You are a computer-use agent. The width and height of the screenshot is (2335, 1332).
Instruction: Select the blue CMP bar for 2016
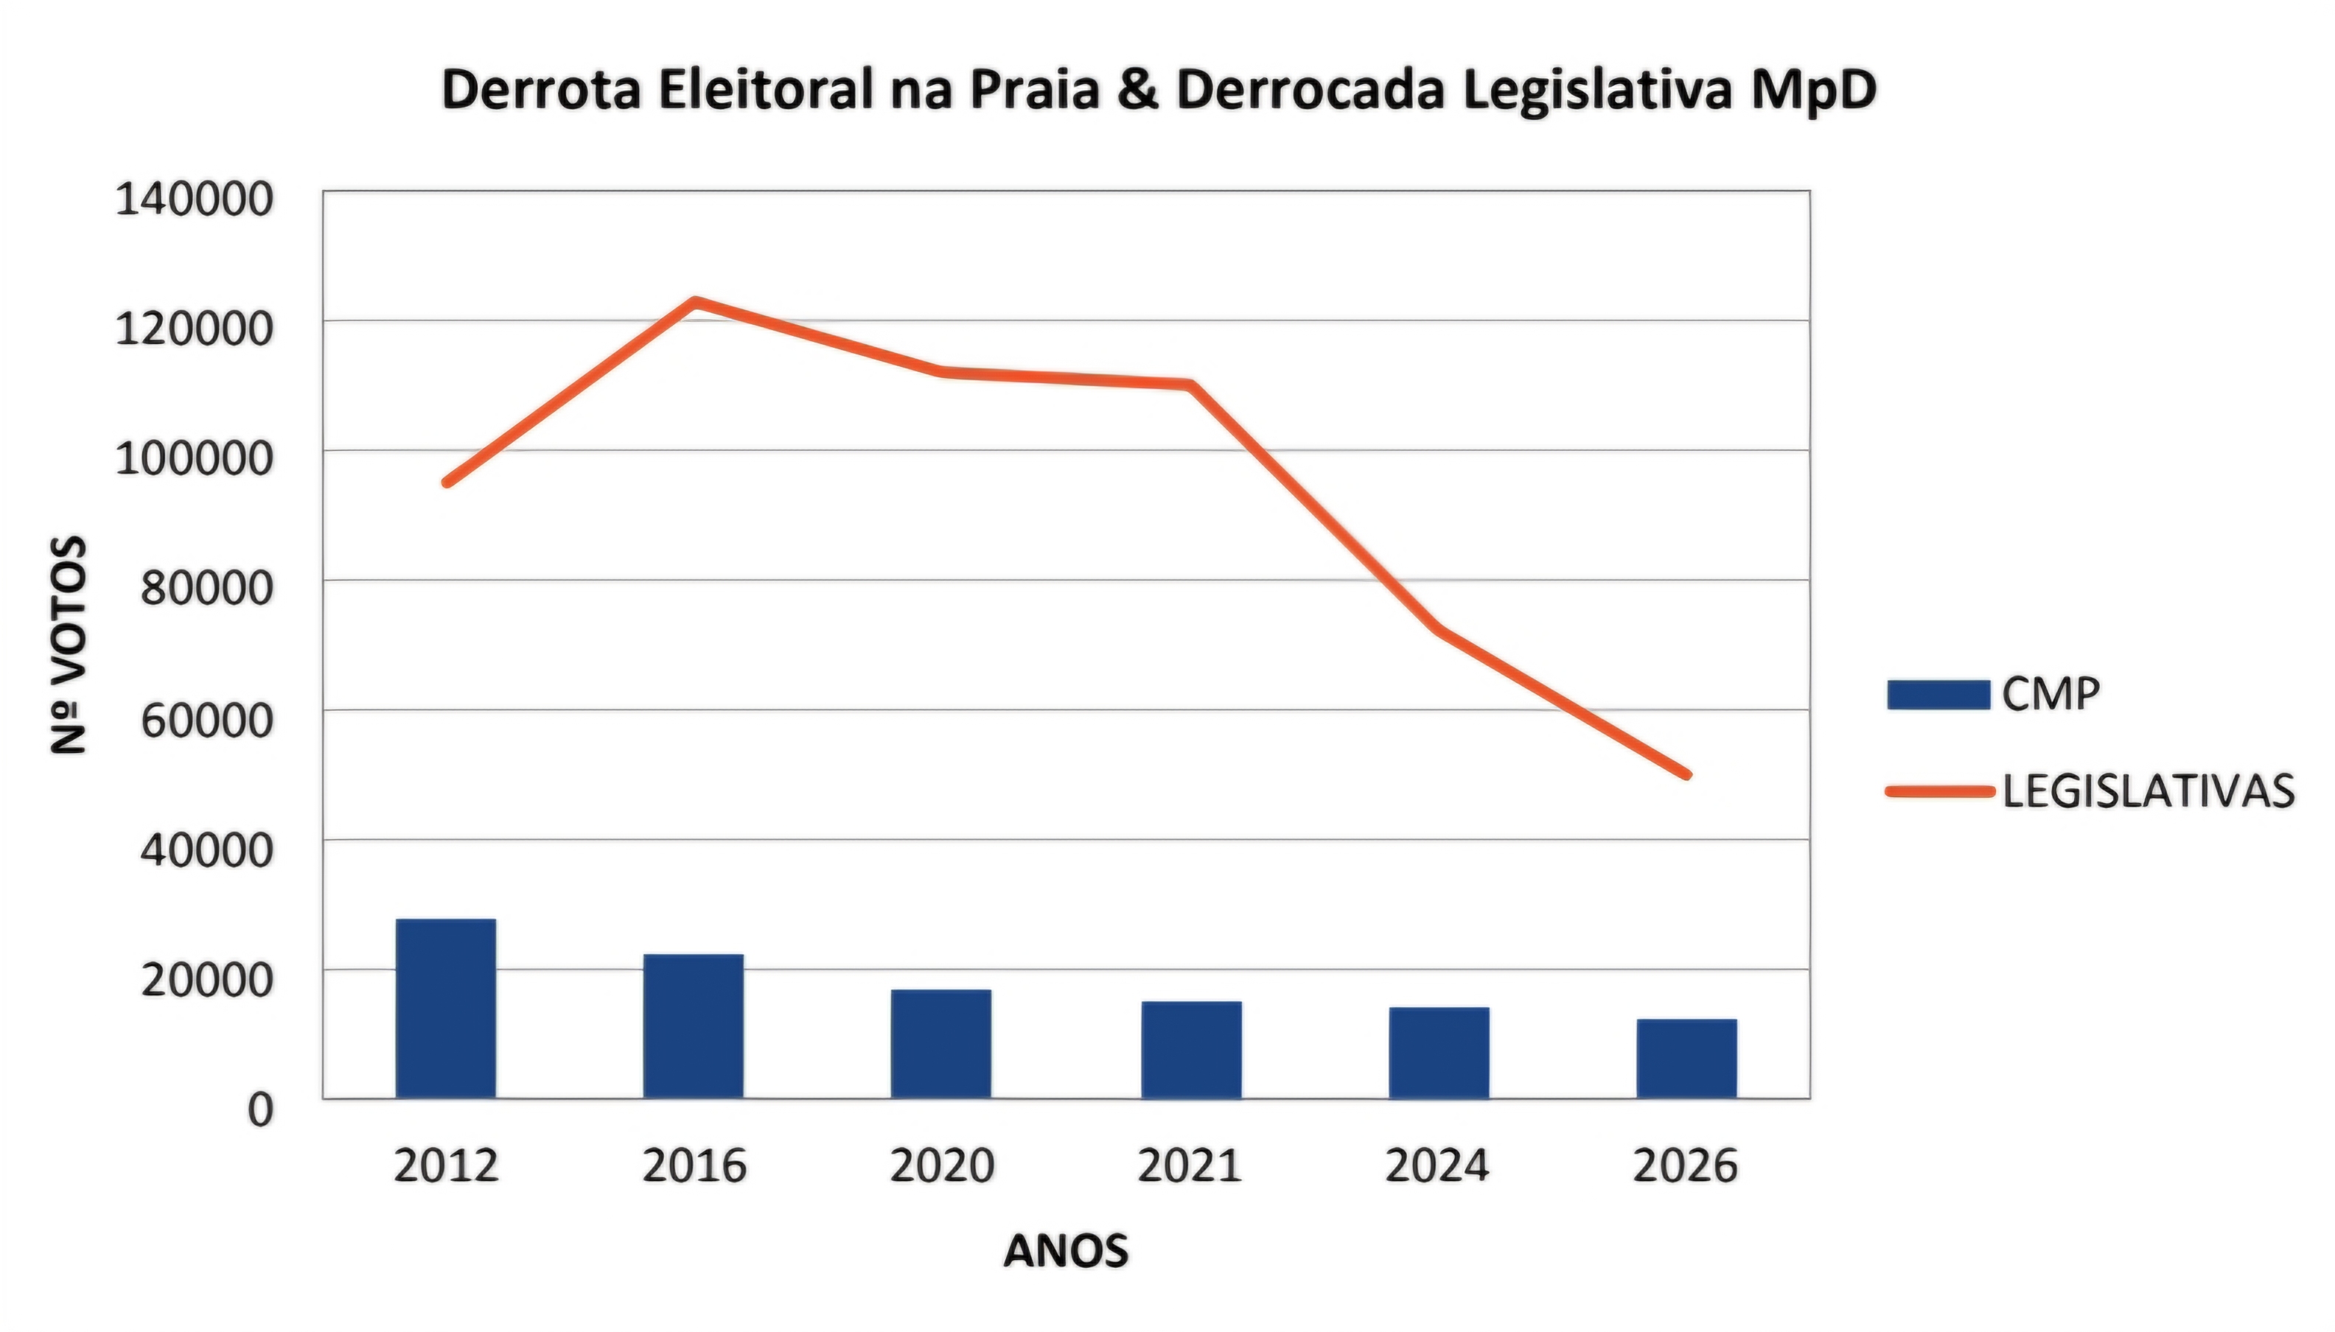click(x=694, y=1026)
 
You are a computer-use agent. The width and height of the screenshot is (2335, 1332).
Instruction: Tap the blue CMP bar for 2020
click(x=941, y=1044)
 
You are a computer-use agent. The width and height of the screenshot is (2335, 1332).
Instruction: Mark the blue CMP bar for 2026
click(x=1686, y=1059)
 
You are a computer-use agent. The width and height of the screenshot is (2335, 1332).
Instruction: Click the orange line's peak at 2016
click(x=694, y=301)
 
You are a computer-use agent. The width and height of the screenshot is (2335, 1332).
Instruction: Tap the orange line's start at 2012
click(x=447, y=482)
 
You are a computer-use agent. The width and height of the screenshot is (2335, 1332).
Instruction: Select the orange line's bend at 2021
click(x=1190, y=385)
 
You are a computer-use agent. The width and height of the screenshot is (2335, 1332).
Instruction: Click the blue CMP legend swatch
click(x=1938, y=694)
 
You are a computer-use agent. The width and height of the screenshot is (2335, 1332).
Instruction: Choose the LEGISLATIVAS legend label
click(x=2149, y=791)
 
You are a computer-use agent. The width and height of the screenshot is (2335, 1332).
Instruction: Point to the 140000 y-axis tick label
click(x=194, y=200)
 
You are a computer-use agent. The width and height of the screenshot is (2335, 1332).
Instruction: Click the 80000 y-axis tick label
click(x=207, y=588)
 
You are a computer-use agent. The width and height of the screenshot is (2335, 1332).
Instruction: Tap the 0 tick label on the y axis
click(x=261, y=1110)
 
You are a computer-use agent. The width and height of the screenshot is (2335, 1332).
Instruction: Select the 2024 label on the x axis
click(x=1437, y=1165)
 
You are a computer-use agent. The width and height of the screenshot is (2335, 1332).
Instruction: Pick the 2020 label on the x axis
click(x=941, y=1165)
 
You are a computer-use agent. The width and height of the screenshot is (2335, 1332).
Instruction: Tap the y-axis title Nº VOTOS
click(x=69, y=645)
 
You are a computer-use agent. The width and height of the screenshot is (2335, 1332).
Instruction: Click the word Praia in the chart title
click(x=1034, y=90)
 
